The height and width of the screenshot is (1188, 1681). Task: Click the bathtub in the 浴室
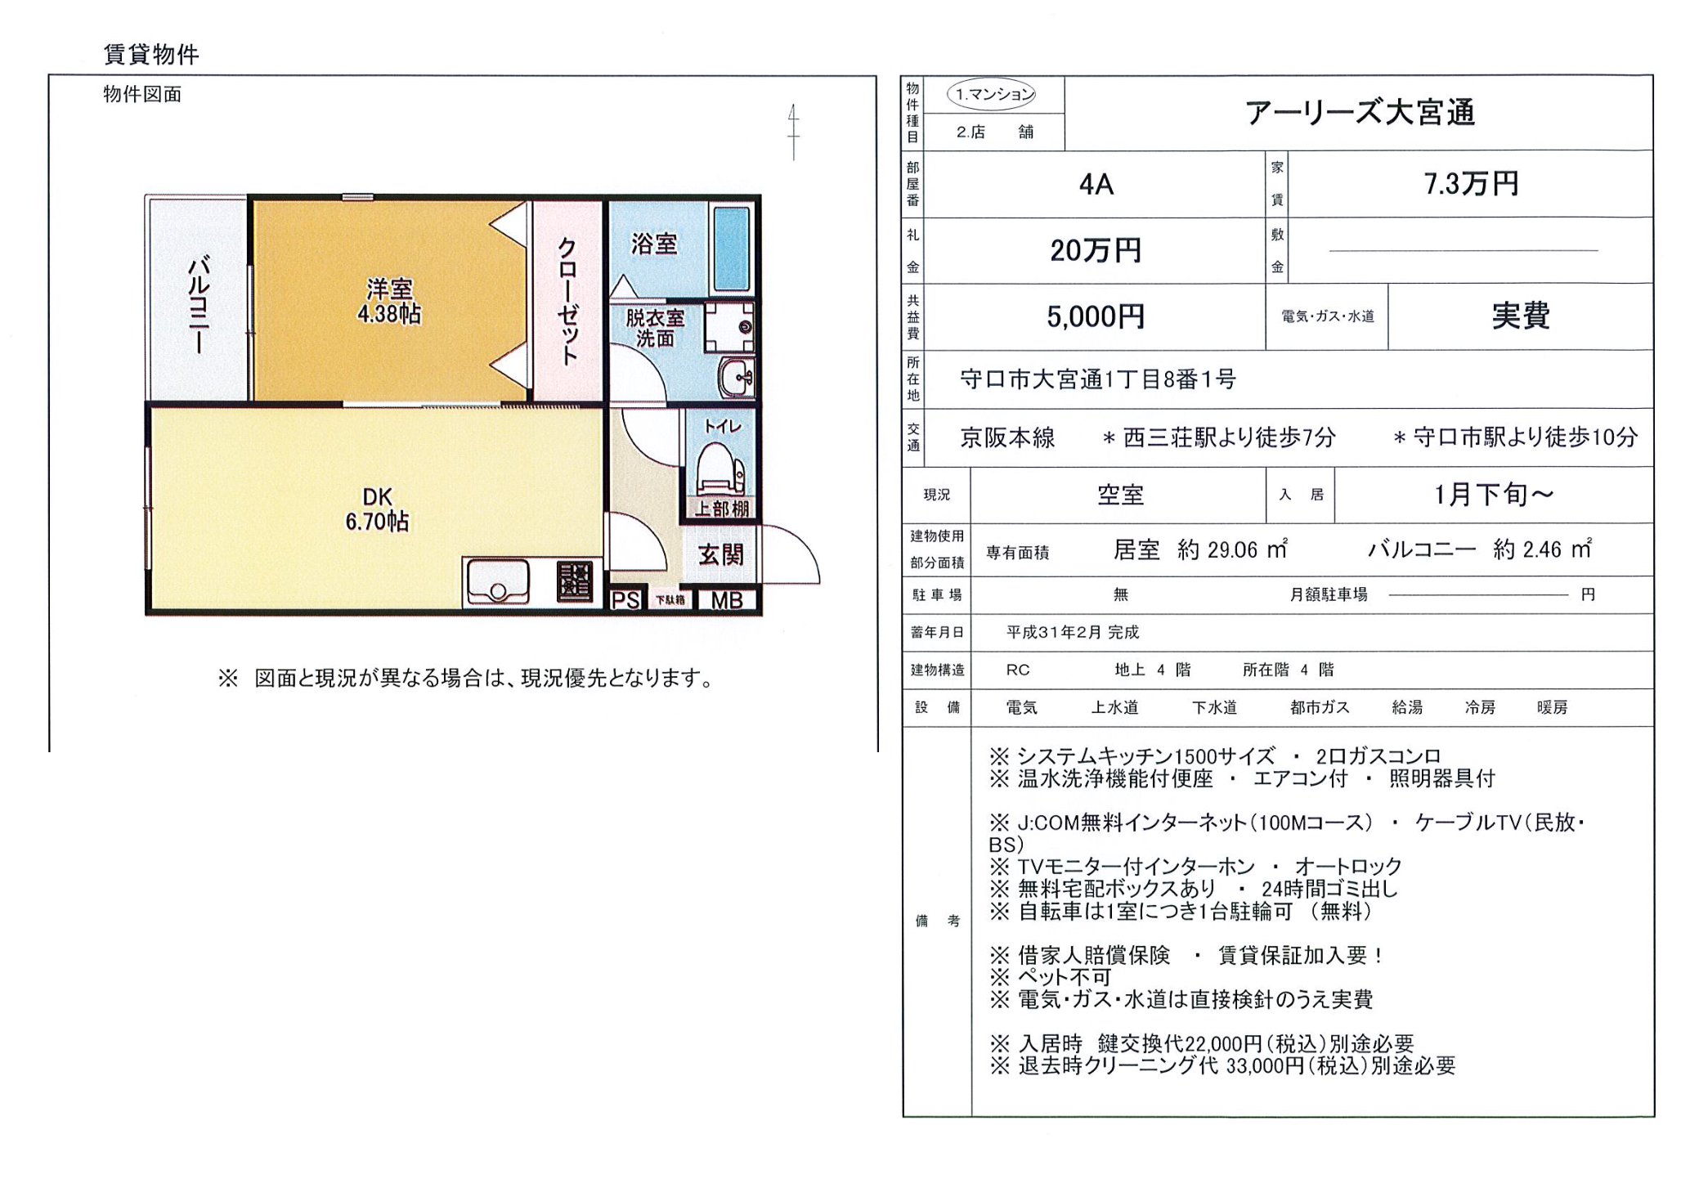pos(731,249)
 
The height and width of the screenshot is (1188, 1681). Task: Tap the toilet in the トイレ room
pos(719,469)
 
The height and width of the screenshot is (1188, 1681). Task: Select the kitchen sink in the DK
pos(497,582)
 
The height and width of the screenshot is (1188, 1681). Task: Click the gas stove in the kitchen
pos(575,581)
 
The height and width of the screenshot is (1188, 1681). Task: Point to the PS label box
pos(626,600)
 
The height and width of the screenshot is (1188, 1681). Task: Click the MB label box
pos(726,600)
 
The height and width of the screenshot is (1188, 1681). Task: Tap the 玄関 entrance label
pos(720,556)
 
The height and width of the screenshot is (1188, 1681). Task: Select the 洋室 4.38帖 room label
pos(389,301)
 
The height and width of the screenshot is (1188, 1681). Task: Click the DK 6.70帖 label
pos(377,509)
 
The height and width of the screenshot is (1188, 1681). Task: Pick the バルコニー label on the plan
pos(199,303)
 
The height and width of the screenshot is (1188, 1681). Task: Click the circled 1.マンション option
pos(992,95)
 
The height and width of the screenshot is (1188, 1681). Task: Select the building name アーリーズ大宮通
pos(1360,113)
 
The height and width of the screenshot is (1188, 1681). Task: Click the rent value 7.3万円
pos(1470,184)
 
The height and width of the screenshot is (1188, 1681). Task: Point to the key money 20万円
pos(1096,250)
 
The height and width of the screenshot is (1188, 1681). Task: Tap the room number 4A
pos(1096,185)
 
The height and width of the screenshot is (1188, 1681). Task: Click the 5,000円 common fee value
pos(1096,316)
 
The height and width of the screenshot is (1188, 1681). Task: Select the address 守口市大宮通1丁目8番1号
pos(1097,379)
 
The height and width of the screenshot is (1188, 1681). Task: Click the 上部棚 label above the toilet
pos(722,509)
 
